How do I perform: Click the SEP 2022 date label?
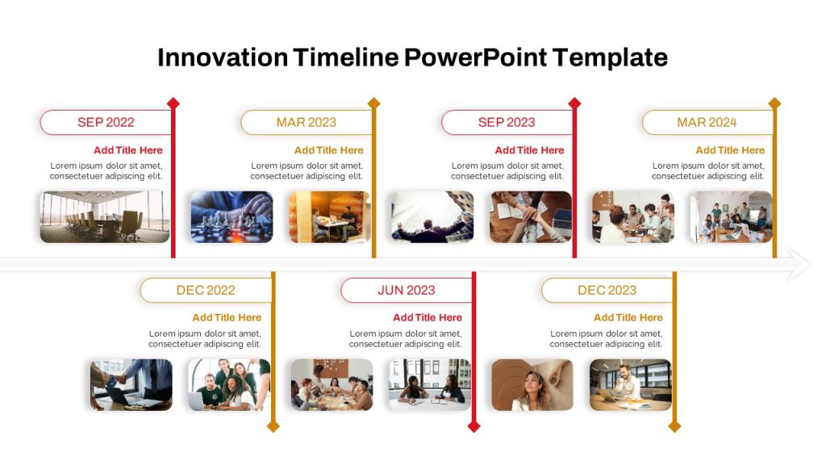pos(106,123)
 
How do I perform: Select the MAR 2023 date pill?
pos(307,123)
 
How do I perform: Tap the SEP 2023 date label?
pos(507,123)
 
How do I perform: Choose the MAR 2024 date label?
pos(707,123)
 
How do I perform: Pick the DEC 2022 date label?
pos(206,290)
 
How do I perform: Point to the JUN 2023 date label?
pos(407,290)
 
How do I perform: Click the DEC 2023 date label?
pos(607,290)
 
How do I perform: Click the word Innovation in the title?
pos(223,57)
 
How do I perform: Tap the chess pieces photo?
pos(232,216)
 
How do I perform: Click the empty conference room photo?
pos(105,216)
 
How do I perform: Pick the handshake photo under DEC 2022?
pos(131,385)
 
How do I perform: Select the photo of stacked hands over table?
pos(531,216)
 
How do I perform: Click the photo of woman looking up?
pos(532,385)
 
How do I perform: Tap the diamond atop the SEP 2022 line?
pos(173,103)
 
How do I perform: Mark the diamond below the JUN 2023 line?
pos(474,426)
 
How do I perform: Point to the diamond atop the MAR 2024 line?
pos(774,103)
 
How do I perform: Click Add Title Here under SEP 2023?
pos(529,150)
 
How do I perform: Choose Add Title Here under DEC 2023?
pos(628,317)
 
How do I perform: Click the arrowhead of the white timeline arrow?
pos(799,264)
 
